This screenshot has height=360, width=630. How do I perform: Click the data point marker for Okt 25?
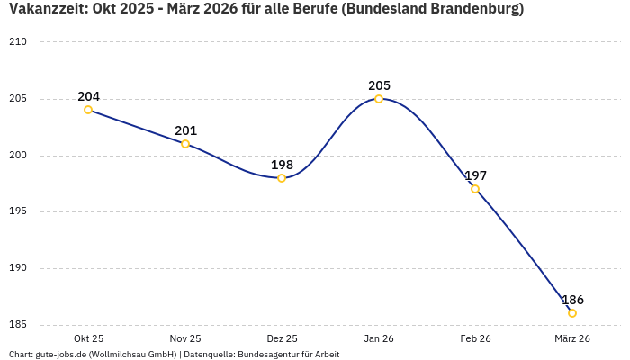88,110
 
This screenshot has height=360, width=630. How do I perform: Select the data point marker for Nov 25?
185,144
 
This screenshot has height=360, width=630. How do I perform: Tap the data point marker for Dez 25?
282,178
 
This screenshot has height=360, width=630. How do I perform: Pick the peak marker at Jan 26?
379,99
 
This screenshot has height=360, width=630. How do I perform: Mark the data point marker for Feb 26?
475,189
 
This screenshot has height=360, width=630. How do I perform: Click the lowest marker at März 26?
572,313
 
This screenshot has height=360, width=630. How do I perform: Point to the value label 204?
88,96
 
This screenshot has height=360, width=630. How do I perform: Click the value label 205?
379,85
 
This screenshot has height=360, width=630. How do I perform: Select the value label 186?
572,300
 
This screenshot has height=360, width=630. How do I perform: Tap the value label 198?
282,165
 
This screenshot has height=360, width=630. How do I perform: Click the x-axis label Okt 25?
88,338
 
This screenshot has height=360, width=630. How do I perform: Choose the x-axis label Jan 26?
379,338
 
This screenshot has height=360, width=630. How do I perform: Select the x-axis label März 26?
572,338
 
